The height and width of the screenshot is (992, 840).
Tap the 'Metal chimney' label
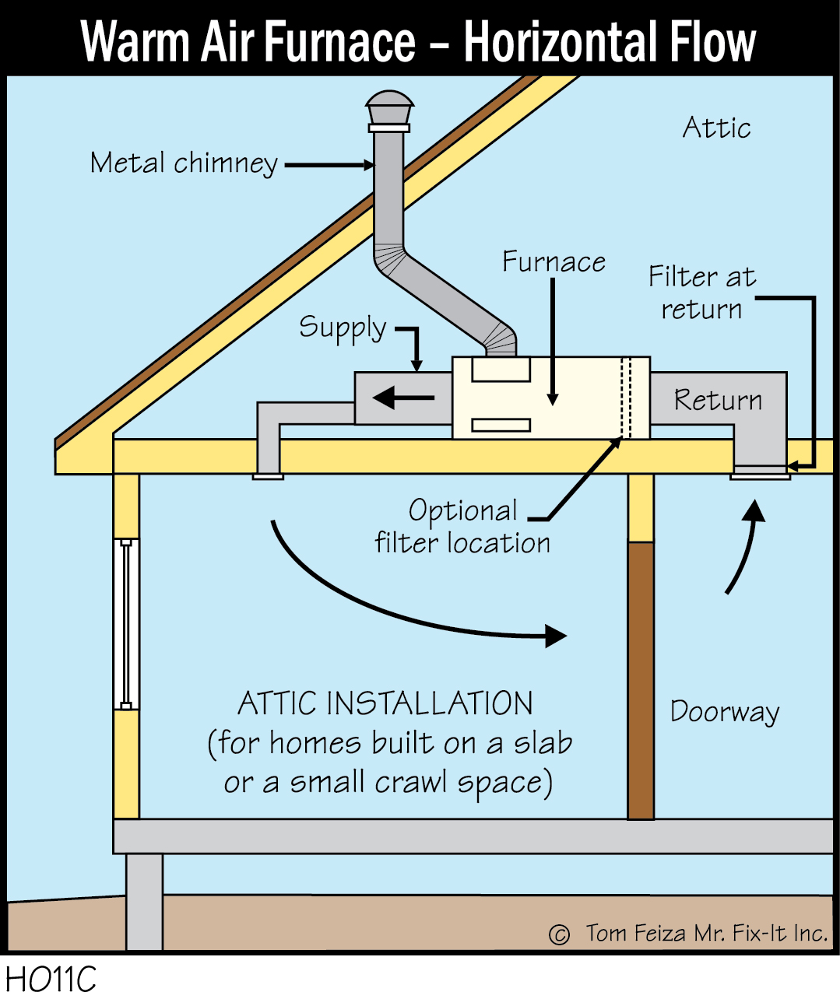[x=184, y=163]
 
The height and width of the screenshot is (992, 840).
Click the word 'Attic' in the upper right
[x=716, y=128]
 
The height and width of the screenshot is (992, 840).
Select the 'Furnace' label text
[x=554, y=262]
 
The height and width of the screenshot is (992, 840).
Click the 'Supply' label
[x=343, y=328]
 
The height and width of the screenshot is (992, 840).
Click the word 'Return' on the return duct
[x=718, y=400]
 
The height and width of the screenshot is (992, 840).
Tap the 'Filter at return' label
[x=702, y=293]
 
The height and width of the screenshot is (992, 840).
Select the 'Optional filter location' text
[x=462, y=527]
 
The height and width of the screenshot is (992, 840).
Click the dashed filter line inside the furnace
[x=624, y=398]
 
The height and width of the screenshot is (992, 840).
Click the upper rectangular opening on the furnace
[x=501, y=370]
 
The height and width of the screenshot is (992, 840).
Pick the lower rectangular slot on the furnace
[x=501, y=425]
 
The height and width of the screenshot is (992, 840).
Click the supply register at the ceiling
[x=268, y=475]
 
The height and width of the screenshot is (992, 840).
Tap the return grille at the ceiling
[x=760, y=474]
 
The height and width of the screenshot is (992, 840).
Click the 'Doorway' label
[x=725, y=712]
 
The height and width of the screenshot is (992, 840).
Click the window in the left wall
[x=126, y=623]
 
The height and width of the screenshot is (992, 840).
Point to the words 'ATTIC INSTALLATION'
[x=385, y=703]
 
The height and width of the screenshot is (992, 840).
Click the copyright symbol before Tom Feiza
[x=559, y=934]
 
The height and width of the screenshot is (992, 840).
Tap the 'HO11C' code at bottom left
[x=51, y=978]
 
